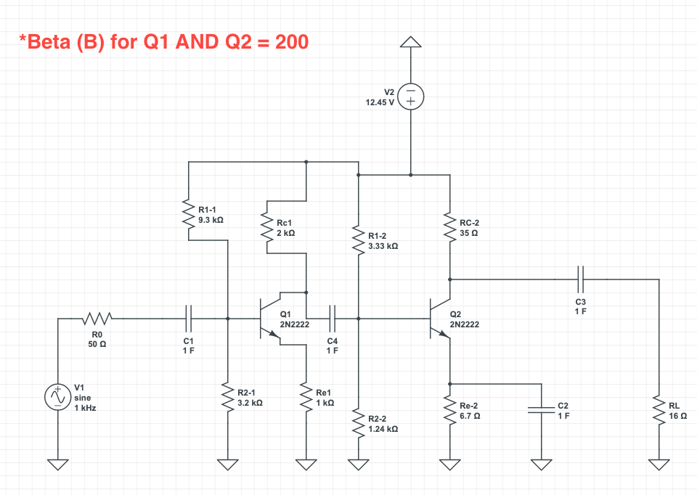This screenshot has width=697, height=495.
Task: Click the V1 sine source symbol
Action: click(x=57, y=397)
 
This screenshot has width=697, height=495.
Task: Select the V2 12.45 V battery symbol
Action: click(x=411, y=97)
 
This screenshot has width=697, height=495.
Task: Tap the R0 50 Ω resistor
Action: click(x=97, y=318)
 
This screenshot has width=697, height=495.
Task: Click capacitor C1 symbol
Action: click(x=189, y=318)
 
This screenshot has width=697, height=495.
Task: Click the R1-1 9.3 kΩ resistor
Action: click(x=189, y=216)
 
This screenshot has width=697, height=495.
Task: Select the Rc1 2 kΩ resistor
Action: click(x=267, y=227)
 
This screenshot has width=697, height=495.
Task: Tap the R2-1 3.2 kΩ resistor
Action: click(x=228, y=396)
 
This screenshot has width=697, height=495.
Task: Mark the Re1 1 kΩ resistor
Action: click(x=306, y=396)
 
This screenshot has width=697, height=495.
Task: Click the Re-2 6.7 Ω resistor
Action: click(x=450, y=411)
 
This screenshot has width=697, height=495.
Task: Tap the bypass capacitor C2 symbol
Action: click(x=540, y=410)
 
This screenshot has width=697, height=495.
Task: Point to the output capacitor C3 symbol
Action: click(x=580, y=278)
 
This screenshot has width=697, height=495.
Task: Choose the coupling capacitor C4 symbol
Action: click(x=333, y=318)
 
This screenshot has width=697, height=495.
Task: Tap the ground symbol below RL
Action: click(x=659, y=465)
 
